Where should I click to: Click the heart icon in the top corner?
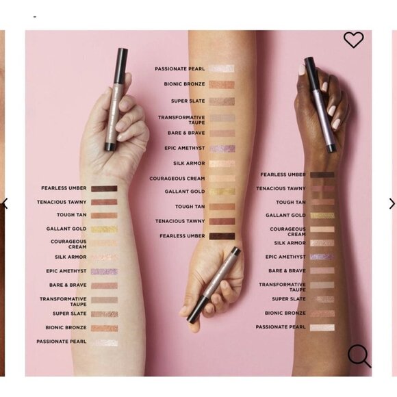pyautogui.click(x=353, y=40)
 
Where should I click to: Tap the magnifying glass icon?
pyautogui.click(x=359, y=356)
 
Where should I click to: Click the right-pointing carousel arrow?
pyautogui.click(x=392, y=204)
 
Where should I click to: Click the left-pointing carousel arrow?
pyautogui.click(x=5, y=204)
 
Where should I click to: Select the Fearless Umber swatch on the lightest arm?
pyautogui.click(x=104, y=188)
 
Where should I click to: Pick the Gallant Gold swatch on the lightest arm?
pyautogui.click(x=104, y=229)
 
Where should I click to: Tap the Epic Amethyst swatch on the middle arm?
pyautogui.click(x=222, y=149)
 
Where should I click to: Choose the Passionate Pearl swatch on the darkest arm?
pyautogui.click(x=322, y=327)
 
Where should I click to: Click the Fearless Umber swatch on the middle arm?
pyautogui.click(x=222, y=236)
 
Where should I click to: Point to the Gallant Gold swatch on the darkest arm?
pyautogui.click(x=322, y=216)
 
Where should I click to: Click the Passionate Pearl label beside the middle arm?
pyautogui.click(x=180, y=69)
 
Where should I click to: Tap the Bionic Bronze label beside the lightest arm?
pyautogui.click(x=66, y=328)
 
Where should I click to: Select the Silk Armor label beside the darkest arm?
pyautogui.click(x=290, y=243)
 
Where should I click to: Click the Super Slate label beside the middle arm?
pyautogui.click(x=188, y=101)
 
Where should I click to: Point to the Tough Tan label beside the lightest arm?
pyautogui.click(x=72, y=215)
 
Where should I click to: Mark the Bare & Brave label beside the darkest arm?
pyautogui.click(x=287, y=271)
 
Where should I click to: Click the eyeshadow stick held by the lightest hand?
pyautogui.click(x=116, y=99)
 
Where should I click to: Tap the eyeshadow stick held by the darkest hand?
pyautogui.click(x=320, y=104)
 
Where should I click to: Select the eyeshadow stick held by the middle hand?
pyautogui.click(x=214, y=285)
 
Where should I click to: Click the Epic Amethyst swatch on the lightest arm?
pyautogui.click(x=104, y=272)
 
